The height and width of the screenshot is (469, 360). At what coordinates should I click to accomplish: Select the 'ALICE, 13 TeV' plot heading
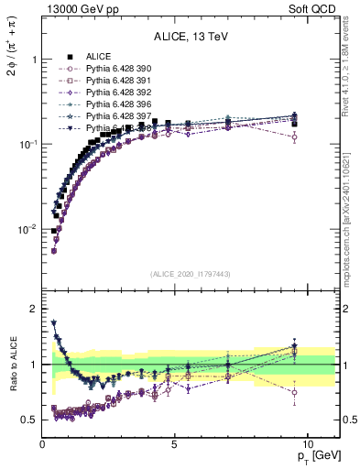tap(191, 37)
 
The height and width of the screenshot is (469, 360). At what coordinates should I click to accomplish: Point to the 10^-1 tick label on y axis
tap(27, 145)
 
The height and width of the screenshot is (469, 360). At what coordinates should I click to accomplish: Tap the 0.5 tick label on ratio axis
tap(29, 420)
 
